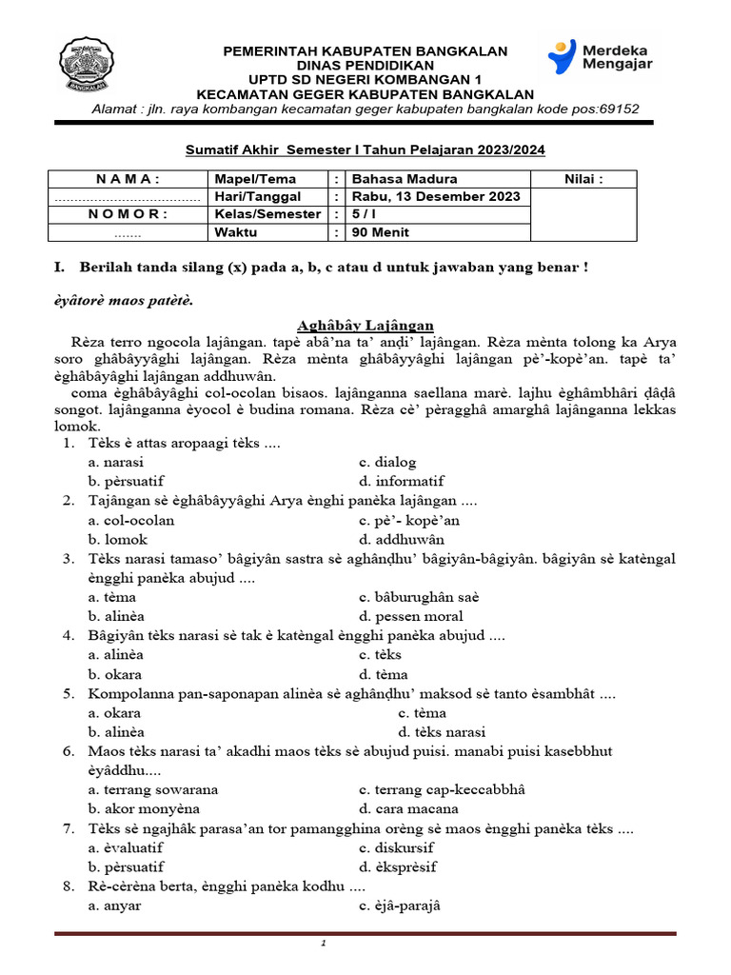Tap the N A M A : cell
click(x=128, y=178)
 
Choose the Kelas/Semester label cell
click(x=267, y=214)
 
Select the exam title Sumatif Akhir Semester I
click(x=365, y=149)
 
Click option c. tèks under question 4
click(x=380, y=654)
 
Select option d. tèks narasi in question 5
click(x=442, y=732)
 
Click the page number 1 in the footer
click(x=324, y=944)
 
